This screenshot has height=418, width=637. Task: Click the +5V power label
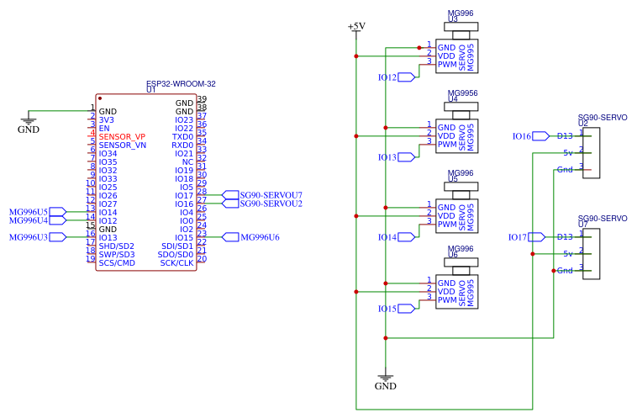356,27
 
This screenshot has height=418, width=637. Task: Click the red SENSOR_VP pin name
122,136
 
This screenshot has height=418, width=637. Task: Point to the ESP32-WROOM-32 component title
181,84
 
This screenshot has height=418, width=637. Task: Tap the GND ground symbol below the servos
385,383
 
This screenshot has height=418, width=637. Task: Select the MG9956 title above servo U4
463,93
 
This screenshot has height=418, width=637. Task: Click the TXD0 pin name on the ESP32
182,136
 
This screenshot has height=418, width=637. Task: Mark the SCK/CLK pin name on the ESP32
176,262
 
